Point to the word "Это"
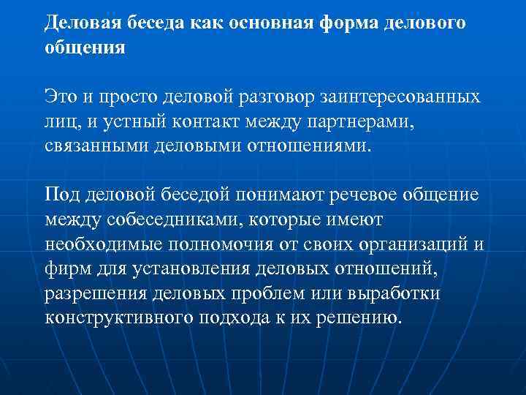coord(60,97)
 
